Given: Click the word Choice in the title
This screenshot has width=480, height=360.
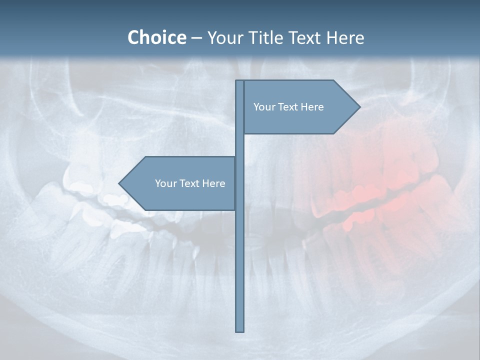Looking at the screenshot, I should point(156,37).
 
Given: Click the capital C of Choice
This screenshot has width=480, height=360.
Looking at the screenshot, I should point(134,37).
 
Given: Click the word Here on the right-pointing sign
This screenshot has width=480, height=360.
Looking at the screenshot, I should point(312,107).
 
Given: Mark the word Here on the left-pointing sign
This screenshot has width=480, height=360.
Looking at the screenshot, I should point(213,183).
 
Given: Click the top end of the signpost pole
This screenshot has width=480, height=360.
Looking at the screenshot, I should point(240,81).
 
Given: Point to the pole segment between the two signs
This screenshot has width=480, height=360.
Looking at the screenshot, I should point(240,145).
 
